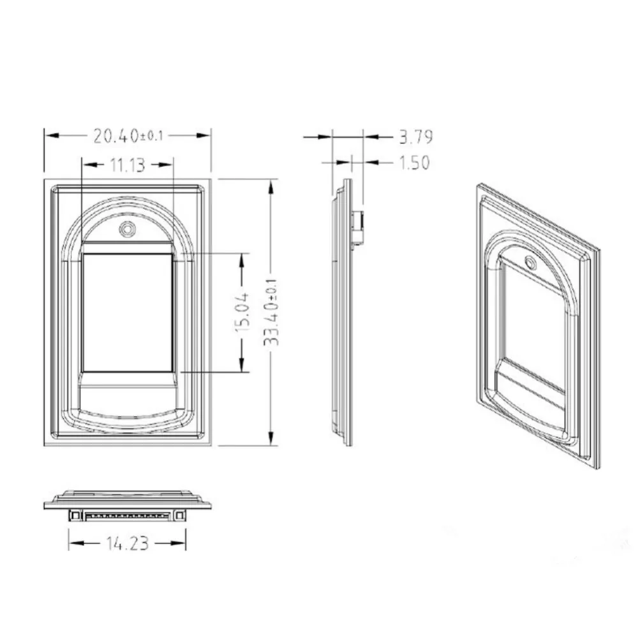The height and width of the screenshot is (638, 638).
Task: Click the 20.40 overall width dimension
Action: [116, 135]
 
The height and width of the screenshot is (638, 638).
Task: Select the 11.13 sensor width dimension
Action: [126, 165]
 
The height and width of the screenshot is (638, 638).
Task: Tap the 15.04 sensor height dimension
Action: [242, 312]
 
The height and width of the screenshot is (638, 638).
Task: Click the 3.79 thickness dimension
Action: [415, 136]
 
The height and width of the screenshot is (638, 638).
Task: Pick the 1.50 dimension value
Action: [414, 163]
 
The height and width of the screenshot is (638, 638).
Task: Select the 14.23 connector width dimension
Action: [127, 543]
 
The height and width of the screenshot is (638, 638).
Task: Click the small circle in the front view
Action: [128, 228]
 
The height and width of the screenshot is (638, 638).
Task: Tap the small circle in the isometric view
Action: [529, 261]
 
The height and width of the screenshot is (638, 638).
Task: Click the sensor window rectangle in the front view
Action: [128, 313]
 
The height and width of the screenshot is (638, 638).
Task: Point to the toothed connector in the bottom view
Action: [128, 514]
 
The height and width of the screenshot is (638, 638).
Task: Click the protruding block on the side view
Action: [359, 228]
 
